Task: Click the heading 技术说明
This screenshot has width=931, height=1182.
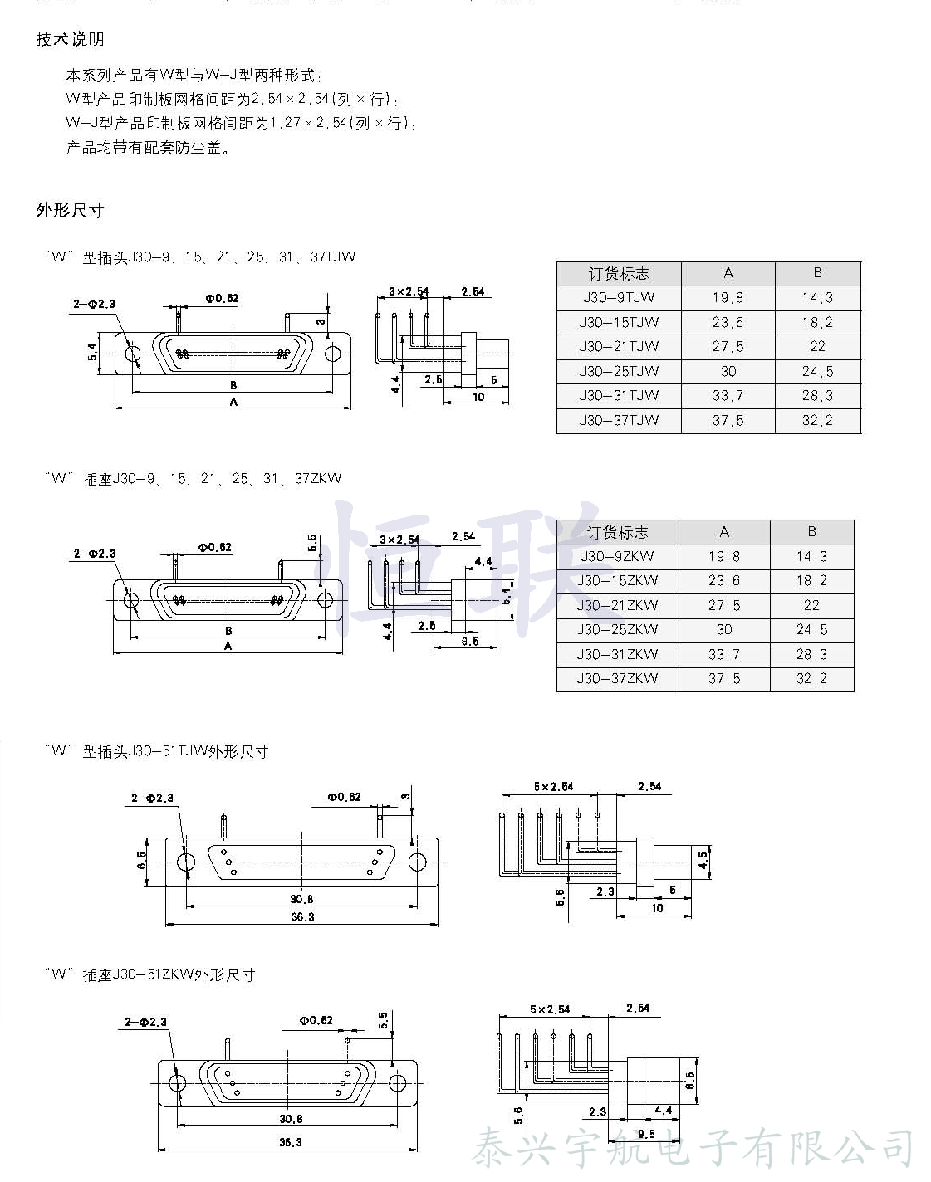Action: [70, 39]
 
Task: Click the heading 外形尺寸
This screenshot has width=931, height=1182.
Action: [70, 210]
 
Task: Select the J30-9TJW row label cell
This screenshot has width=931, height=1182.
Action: [619, 297]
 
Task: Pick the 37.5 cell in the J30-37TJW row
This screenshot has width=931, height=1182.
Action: [728, 420]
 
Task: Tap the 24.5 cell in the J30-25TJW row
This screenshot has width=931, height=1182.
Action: [817, 371]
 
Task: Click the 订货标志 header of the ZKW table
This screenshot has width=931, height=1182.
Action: [616, 532]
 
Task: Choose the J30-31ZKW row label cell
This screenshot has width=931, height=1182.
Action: [617, 654]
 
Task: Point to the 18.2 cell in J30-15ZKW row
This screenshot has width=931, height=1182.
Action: [811, 580]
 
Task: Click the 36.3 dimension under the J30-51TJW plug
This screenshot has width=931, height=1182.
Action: [302, 916]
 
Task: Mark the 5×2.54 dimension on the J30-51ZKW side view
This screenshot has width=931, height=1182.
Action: [550, 1009]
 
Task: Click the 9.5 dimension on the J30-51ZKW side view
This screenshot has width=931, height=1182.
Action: [646, 1134]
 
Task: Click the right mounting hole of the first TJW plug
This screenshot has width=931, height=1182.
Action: [333, 354]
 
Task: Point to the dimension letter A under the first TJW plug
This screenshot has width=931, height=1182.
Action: [233, 402]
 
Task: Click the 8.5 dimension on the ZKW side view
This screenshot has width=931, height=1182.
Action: [469, 641]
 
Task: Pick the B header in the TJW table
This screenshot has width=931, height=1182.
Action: [817, 273]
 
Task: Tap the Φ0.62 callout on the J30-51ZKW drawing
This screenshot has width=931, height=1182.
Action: [316, 1020]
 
